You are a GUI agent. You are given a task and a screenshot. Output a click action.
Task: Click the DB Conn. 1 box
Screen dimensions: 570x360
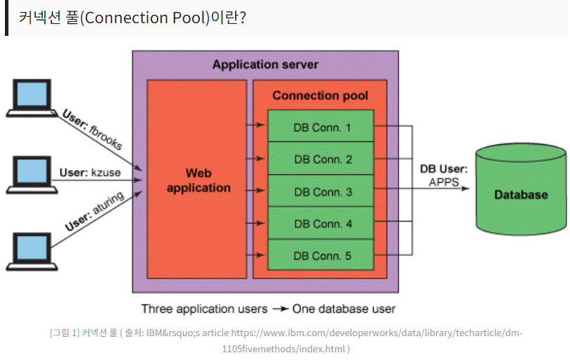(321, 126)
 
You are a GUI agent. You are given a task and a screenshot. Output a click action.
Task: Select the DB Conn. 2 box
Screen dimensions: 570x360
(321, 158)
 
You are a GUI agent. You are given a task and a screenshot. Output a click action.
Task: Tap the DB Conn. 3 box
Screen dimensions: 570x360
(321, 191)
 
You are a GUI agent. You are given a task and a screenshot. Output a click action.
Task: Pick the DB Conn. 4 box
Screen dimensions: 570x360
(321, 223)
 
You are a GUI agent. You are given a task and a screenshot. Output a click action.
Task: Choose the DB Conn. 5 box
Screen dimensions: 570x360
(321, 255)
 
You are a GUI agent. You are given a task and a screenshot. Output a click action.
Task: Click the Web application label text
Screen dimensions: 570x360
(198, 180)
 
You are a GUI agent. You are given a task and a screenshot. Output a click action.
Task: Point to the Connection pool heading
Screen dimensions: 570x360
(320, 95)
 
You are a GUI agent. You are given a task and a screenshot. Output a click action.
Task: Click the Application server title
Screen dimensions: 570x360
(265, 64)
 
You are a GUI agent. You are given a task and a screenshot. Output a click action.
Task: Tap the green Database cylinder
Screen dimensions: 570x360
(521, 189)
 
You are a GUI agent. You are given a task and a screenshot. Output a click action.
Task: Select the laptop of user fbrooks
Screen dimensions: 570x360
(32, 98)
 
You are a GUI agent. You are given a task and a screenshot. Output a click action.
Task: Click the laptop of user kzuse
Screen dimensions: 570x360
(32, 175)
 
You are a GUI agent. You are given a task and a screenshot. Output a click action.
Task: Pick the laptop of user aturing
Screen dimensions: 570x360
(32, 252)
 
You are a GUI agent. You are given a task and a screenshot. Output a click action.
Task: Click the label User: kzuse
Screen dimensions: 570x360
(90, 172)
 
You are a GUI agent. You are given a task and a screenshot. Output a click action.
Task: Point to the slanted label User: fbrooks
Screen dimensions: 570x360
(92, 129)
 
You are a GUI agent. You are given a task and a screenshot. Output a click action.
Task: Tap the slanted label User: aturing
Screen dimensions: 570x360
(94, 211)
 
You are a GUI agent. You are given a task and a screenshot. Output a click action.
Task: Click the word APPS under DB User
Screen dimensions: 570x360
(444, 181)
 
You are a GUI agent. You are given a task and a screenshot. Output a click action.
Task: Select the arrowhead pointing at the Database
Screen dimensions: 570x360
(465, 188)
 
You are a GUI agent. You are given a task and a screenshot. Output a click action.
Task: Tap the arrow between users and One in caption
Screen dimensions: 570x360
(281, 309)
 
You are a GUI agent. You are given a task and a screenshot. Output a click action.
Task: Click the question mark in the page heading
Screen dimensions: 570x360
(243, 18)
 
